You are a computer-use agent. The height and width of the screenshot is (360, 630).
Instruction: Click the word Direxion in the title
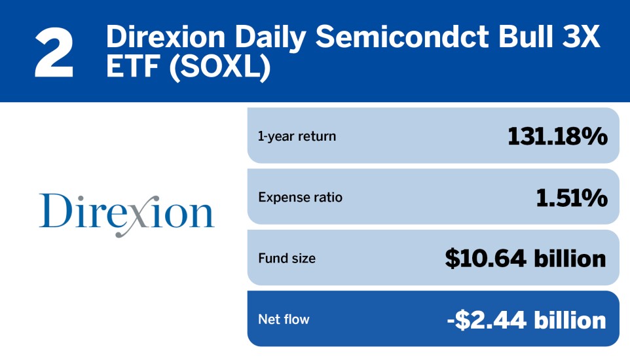(166, 37)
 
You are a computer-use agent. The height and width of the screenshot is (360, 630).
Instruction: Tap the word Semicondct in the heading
(402, 37)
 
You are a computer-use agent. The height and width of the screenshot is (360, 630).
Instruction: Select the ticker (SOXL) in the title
(220, 67)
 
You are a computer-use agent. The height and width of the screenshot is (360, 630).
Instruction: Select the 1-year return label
(297, 136)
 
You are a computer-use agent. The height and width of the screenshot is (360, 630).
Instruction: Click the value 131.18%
(558, 136)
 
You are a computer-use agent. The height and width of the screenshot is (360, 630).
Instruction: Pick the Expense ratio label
(300, 197)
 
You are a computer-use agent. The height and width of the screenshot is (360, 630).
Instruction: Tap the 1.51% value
(572, 198)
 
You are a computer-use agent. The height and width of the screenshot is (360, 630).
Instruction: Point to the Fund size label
(287, 259)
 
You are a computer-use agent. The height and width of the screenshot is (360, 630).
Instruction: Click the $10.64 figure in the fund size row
(485, 259)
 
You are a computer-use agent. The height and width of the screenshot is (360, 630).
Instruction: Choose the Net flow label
(284, 319)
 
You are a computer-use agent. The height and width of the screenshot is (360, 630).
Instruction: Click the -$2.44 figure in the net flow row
(487, 320)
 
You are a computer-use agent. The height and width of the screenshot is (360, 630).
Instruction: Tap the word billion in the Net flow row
(570, 320)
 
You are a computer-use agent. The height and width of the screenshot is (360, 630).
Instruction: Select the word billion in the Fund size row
(570, 259)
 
